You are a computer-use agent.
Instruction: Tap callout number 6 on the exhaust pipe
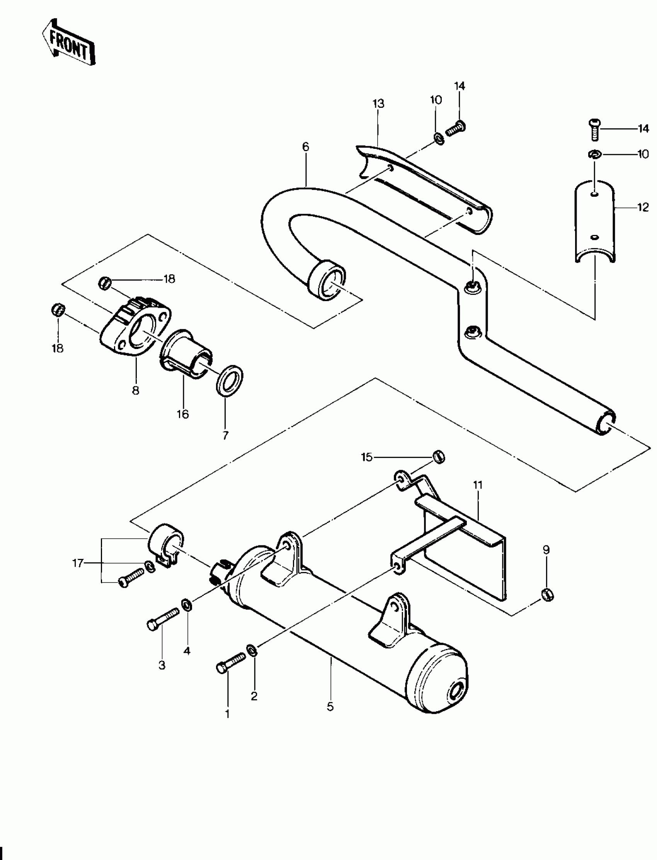[305, 147]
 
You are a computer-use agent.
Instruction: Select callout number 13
[378, 104]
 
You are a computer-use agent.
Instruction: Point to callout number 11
[478, 485]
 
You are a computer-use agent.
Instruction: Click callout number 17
[78, 563]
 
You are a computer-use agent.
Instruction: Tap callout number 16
[183, 414]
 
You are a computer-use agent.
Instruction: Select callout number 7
[225, 436]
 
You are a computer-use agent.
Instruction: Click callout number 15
[367, 457]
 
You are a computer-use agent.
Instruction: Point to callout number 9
[546, 550]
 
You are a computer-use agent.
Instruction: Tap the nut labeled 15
[439, 456]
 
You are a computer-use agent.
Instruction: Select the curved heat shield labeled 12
[594, 223]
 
